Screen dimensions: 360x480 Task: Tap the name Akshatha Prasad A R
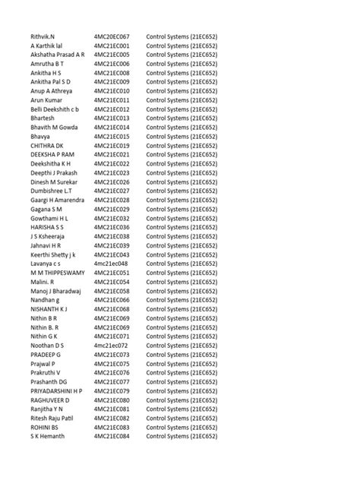[58, 55]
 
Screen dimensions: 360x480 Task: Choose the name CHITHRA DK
[47, 146]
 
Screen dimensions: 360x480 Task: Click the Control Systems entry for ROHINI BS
[182, 428]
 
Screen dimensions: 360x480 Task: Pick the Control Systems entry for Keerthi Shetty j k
[182, 255]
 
